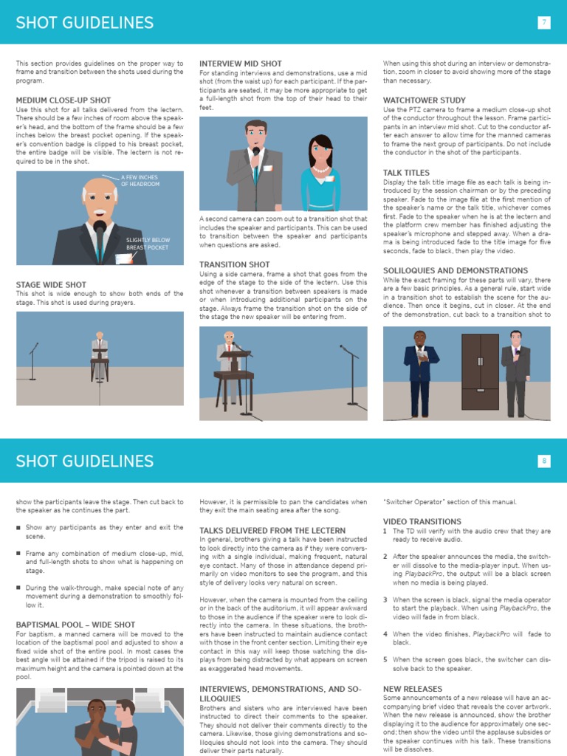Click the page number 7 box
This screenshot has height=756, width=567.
[544, 22]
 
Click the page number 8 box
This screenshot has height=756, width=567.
[544, 461]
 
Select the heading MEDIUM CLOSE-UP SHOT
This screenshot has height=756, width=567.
[63, 100]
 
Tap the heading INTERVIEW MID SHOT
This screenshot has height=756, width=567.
[241, 64]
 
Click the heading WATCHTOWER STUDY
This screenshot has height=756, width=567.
[425, 100]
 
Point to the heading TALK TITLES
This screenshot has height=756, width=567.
[407, 173]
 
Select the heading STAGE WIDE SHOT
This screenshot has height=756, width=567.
[51, 284]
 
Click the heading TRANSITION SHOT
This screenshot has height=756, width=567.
[235, 264]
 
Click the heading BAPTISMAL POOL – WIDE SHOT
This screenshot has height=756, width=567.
[76, 625]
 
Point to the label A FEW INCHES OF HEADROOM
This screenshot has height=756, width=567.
[140, 180]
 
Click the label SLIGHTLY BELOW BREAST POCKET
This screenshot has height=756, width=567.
[148, 244]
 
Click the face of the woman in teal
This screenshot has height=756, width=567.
[320, 151]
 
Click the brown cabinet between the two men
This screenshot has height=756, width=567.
[480, 371]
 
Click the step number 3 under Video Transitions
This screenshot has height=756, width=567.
[385, 600]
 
